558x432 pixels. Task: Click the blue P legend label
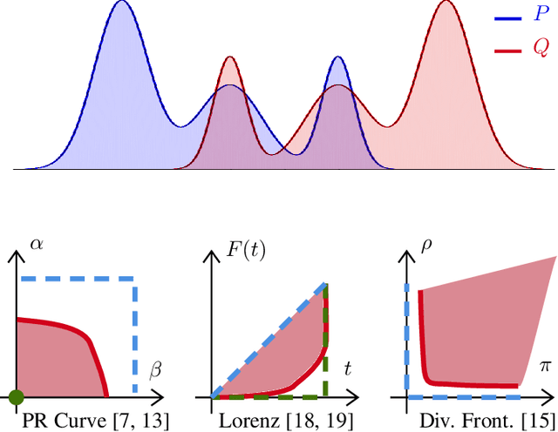(542, 17)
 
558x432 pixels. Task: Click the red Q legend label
(541, 50)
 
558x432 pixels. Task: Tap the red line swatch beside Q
(509, 51)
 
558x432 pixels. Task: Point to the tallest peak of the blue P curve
(123, 3)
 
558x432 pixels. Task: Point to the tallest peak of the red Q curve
(446, 3)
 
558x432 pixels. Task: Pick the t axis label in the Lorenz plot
(347, 369)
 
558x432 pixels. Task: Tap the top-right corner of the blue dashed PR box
(134, 280)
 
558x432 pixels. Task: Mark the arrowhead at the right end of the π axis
(550, 398)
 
